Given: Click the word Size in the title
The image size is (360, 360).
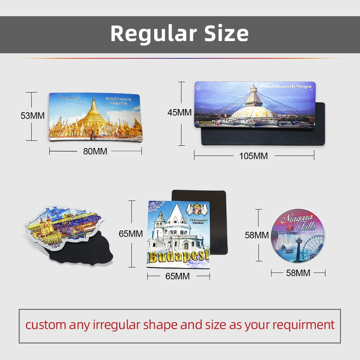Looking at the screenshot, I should pyautogui.click(x=226, y=33).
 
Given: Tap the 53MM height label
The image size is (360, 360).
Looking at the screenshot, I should pyautogui.click(x=32, y=116).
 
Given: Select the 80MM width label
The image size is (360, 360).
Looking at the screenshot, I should pyautogui.click(x=95, y=152).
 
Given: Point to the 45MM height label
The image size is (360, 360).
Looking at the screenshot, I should pyautogui.click(x=179, y=112).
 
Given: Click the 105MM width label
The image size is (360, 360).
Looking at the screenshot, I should pyautogui.click(x=253, y=156).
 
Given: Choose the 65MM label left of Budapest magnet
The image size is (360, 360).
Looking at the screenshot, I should pyautogui.click(x=131, y=234).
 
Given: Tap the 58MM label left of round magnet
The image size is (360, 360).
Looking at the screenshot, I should pyautogui.click(x=257, y=235).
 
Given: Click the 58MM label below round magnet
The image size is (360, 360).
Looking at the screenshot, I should pyautogui.click(x=298, y=273).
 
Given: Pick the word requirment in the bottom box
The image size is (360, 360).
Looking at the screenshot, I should pyautogui.click(x=303, y=325).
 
